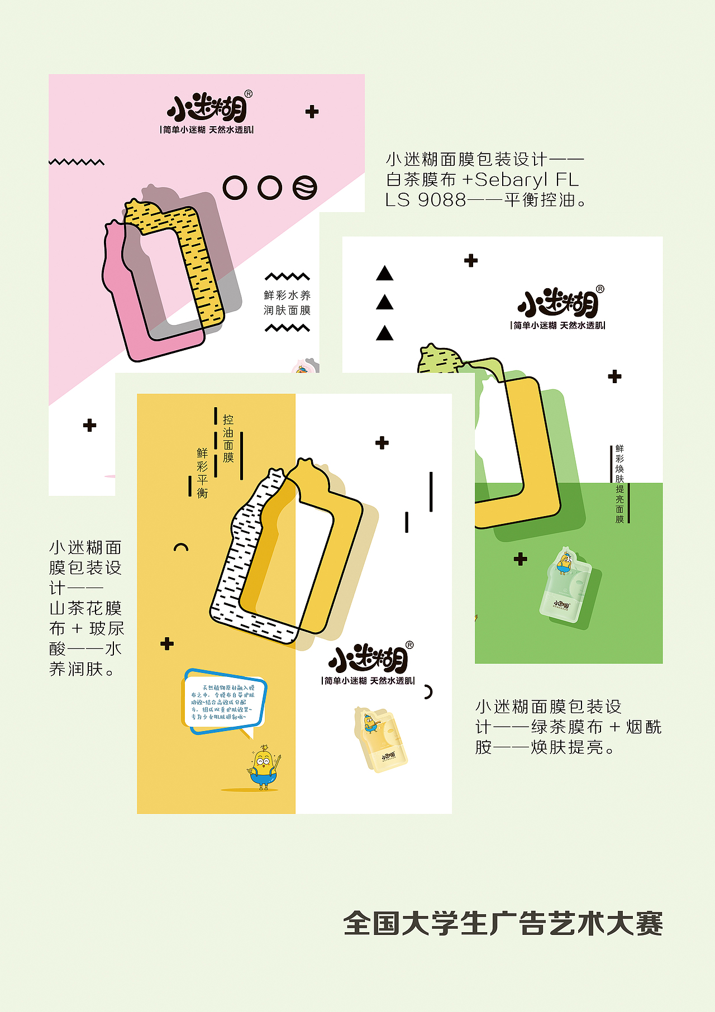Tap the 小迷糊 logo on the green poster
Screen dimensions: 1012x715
click(559, 303)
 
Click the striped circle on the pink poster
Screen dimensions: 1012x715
click(305, 188)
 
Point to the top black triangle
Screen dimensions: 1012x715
click(384, 274)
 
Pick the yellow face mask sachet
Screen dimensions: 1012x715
click(380, 739)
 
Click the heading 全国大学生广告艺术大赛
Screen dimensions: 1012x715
click(503, 924)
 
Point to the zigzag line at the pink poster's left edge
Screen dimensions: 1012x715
click(77, 163)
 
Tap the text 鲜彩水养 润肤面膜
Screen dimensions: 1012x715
click(287, 303)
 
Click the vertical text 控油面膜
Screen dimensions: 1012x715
click(228, 439)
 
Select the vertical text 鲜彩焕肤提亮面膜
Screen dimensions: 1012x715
click(619, 484)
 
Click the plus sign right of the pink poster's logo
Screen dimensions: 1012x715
click(312, 112)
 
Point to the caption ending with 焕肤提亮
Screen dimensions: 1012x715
click(568, 727)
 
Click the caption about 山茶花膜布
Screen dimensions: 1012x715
click(86, 608)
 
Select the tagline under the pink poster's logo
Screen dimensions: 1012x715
click(207, 130)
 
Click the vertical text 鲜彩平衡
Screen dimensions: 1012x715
click(202, 472)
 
